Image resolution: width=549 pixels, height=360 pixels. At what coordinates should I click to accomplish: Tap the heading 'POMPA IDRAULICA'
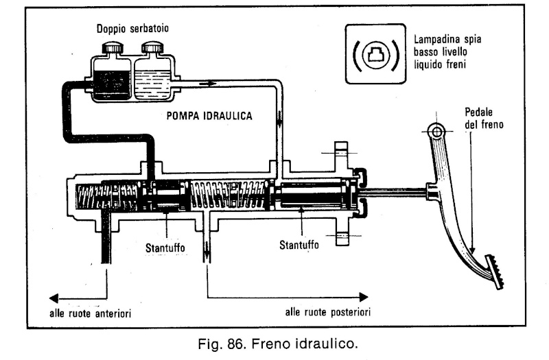click(x=209, y=117)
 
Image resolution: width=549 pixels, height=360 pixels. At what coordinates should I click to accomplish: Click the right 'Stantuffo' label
click(x=301, y=244)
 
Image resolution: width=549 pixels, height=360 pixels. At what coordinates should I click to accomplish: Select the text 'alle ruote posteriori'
click(x=329, y=313)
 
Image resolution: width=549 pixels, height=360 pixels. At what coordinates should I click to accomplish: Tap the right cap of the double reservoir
click(x=153, y=49)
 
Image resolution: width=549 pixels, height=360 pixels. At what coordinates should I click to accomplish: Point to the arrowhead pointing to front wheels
click(x=51, y=297)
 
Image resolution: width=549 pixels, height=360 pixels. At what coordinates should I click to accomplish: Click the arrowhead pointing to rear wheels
click(x=364, y=297)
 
